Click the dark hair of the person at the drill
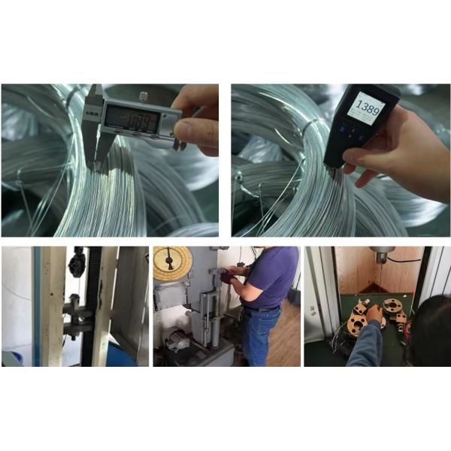[431, 331]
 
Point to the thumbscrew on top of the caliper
[143, 95]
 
